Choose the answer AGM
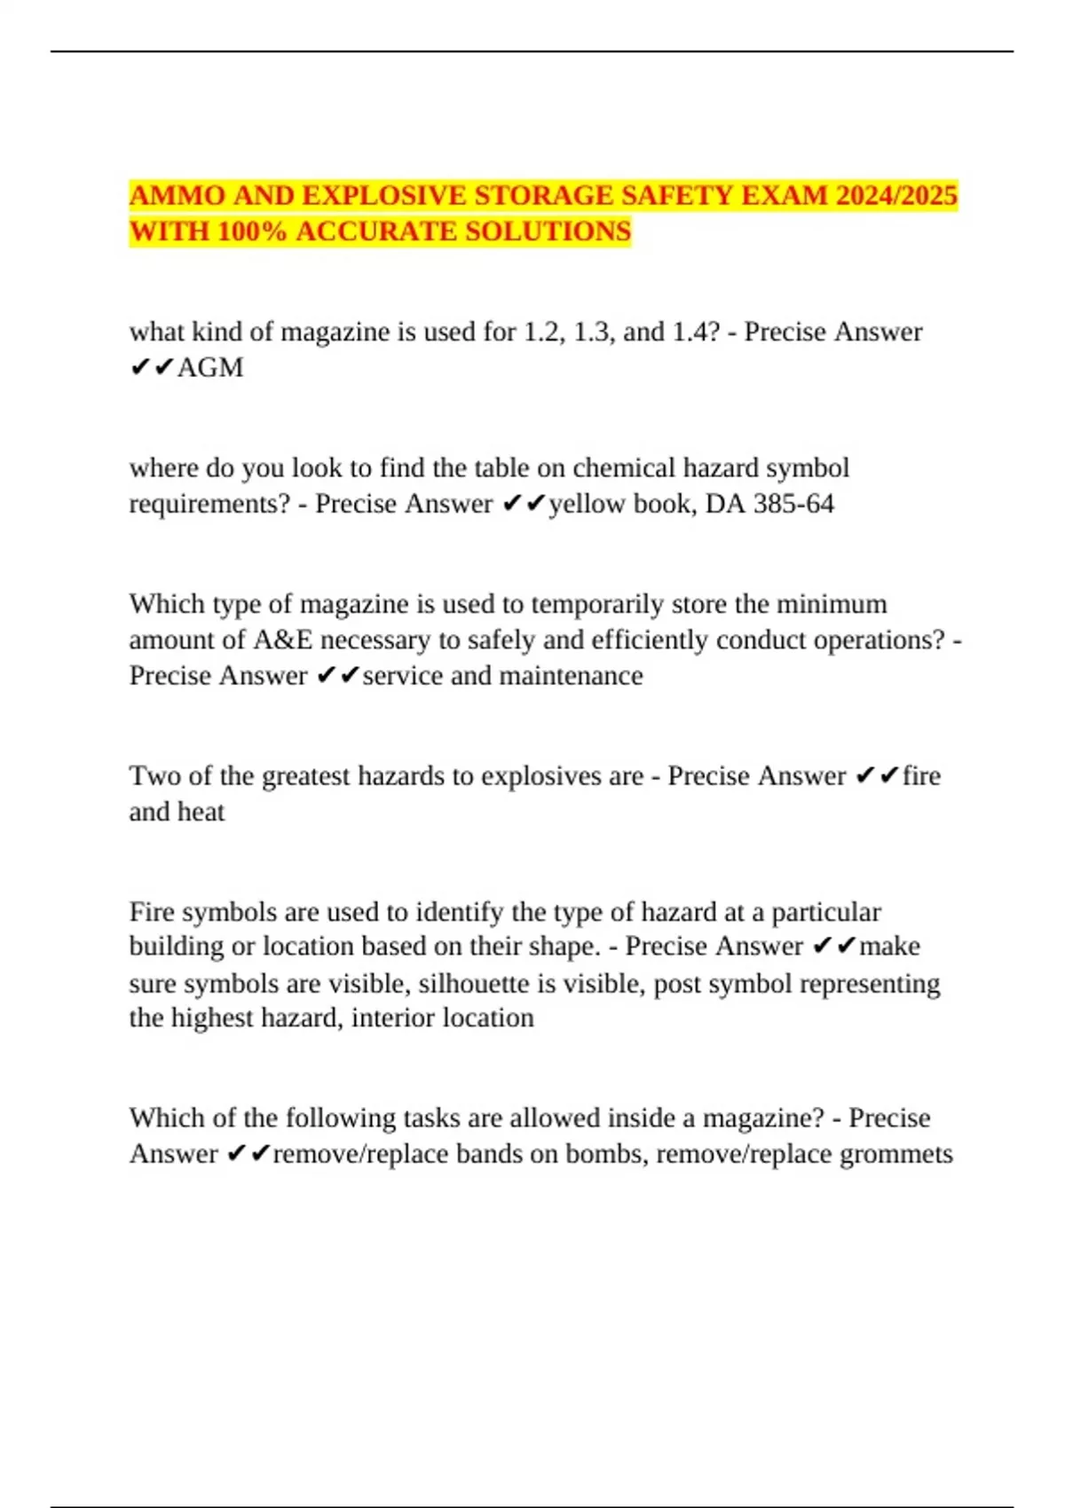(210, 367)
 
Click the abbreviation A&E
(282, 640)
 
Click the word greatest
(305, 776)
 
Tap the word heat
(201, 812)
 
